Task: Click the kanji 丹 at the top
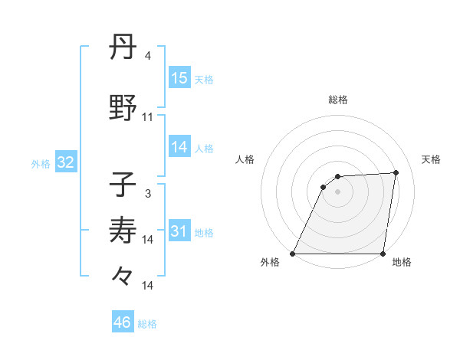tap(123, 47)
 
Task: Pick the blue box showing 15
tap(179, 77)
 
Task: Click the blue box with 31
tap(179, 231)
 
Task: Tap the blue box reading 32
tap(65, 163)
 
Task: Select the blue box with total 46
tap(123, 322)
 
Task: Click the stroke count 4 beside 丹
tap(147, 56)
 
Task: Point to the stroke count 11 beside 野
tap(148, 117)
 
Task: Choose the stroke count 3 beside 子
tap(147, 194)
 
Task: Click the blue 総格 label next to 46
tap(147, 324)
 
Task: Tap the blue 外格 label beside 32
tap(41, 164)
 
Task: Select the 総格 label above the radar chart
tap(338, 100)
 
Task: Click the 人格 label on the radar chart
tap(245, 159)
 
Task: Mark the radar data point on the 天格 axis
tap(396, 172)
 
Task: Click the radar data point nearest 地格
tap(383, 254)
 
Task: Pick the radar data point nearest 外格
tap(293, 254)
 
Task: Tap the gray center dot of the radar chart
tap(337, 191)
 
